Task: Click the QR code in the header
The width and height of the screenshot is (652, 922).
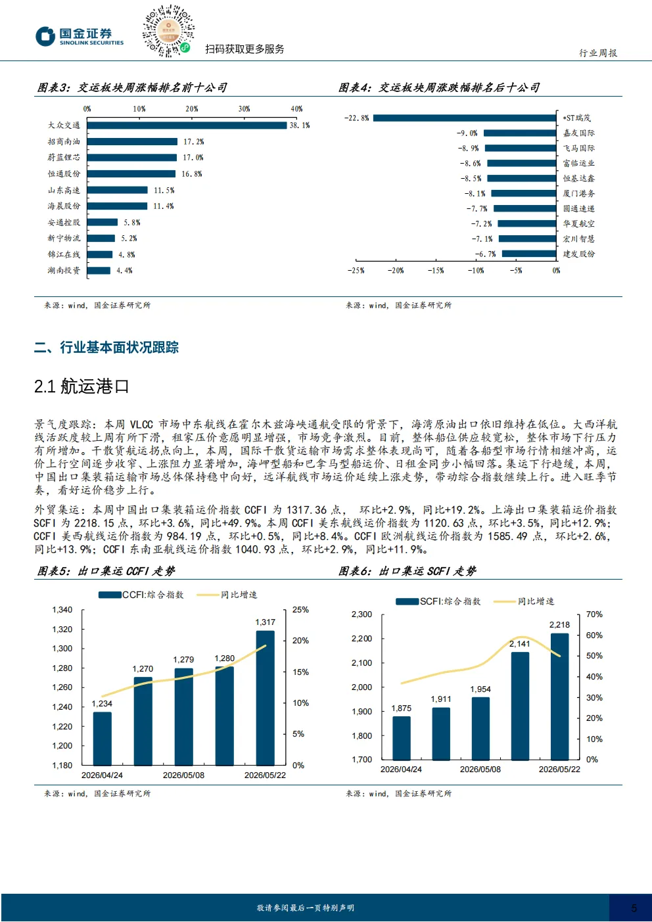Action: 168,31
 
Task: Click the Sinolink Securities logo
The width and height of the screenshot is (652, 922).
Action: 80,36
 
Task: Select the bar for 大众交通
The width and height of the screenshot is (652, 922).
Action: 187,125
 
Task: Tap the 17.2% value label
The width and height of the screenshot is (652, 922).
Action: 193,141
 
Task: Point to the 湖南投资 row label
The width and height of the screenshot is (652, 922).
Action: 64,271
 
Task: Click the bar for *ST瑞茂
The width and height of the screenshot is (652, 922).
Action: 465,118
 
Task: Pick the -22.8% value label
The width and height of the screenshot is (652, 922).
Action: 356,118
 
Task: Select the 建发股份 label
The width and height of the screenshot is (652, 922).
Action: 579,254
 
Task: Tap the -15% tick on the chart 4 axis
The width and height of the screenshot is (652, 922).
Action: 436,271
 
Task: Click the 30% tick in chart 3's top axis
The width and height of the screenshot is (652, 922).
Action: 244,108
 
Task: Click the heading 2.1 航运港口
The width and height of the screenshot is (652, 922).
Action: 81,386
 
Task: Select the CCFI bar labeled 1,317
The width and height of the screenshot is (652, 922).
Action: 265,698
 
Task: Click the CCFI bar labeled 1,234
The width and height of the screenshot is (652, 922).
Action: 102,739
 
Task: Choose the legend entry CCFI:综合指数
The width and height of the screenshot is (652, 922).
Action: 141,595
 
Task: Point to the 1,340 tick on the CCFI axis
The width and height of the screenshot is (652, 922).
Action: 62,610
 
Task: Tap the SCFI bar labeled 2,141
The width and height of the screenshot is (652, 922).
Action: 521,706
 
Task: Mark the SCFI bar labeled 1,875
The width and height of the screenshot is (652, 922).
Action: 402,737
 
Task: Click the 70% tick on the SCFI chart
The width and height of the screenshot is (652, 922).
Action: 594,614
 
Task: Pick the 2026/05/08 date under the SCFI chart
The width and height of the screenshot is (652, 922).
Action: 480,770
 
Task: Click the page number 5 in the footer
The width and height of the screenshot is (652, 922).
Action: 634,908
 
